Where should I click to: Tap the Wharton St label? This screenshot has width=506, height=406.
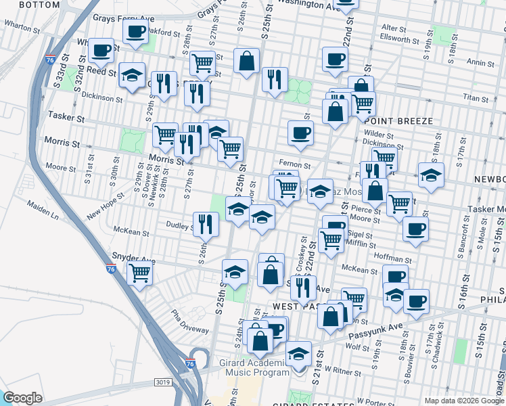click(x=20, y=27)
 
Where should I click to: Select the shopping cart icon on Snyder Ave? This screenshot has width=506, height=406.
click(x=139, y=274)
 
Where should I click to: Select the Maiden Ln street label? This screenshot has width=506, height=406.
click(x=43, y=210)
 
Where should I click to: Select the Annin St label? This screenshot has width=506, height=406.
click(x=481, y=63)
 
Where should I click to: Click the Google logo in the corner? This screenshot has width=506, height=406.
click(x=22, y=398)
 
